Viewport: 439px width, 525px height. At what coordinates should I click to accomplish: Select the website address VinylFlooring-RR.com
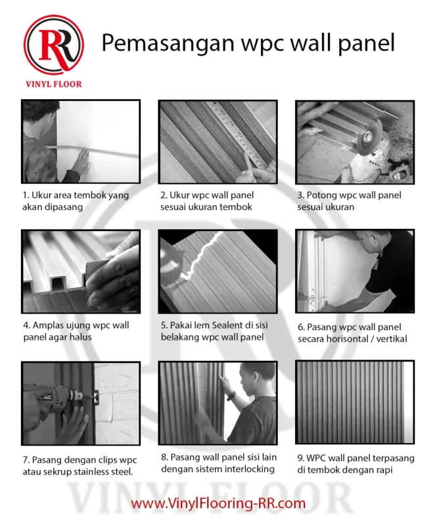click(219, 503)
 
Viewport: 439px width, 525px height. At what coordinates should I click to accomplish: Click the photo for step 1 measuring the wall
click(80, 141)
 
